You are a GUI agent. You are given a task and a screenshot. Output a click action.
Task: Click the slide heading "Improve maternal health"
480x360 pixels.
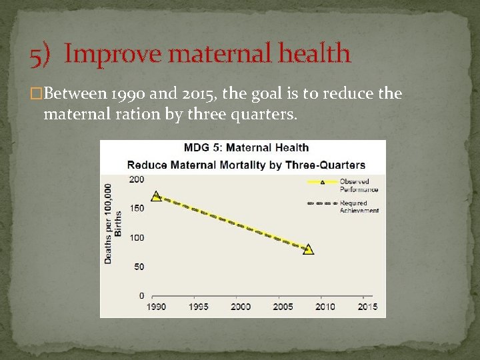(207, 53)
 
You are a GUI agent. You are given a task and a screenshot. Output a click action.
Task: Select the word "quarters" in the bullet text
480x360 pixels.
(263, 114)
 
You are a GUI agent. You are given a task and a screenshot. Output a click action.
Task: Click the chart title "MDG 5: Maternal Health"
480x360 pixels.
(247, 147)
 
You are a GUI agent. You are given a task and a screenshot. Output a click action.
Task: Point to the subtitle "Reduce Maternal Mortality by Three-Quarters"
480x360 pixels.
(246, 165)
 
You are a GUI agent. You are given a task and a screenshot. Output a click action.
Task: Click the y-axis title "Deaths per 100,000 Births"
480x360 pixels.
(113, 223)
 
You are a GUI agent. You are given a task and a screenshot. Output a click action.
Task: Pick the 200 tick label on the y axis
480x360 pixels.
(136, 180)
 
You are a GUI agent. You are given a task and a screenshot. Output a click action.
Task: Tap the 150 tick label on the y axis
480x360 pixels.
(136, 209)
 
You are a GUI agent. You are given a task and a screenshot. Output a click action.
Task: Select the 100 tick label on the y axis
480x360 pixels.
(136, 238)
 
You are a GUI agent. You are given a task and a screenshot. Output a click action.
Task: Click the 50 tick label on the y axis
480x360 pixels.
(138, 267)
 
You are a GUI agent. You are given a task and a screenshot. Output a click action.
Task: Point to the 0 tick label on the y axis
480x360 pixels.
(141, 295)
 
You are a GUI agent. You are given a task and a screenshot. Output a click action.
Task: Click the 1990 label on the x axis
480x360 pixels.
(156, 307)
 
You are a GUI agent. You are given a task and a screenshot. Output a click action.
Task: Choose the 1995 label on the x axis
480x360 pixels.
(198, 307)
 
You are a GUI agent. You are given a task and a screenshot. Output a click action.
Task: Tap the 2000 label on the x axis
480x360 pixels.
(241, 307)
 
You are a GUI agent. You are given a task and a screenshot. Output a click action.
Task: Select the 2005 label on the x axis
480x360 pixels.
(283, 307)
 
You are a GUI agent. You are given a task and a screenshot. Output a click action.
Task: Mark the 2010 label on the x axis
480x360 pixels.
(325, 307)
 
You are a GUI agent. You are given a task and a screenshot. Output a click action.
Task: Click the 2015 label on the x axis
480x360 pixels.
(367, 307)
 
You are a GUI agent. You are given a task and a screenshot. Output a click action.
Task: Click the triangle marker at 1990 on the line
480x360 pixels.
(156, 196)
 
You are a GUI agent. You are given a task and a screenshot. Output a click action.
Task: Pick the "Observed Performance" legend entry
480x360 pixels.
(343, 185)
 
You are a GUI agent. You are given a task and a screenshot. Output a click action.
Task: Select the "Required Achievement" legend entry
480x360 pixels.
(343, 206)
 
